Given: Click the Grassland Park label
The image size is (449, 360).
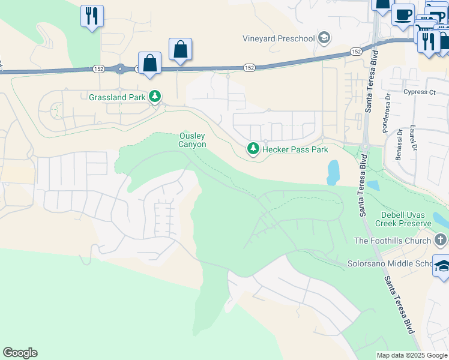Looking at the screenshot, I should click(x=118, y=97).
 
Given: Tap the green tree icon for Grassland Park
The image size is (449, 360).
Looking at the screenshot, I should click(x=155, y=97).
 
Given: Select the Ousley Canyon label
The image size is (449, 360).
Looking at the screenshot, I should click(x=193, y=140).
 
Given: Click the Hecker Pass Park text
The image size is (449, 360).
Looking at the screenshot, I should click(x=295, y=149).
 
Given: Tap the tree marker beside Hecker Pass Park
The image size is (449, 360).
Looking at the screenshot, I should click(x=253, y=148).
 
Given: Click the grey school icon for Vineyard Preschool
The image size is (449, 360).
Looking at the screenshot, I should click(x=325, y=38).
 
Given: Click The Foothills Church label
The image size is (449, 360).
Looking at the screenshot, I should click(x=393, y=241).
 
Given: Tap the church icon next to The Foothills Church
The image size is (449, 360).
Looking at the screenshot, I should click(x=441, y=241).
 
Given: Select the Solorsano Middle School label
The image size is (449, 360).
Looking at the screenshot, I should click(x=390, y=263).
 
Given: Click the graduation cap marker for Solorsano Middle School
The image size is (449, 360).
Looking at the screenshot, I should click(x=442, y=266).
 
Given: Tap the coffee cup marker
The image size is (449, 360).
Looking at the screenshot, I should click(x=403, y=13).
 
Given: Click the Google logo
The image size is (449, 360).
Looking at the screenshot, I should click(x=20, y=353).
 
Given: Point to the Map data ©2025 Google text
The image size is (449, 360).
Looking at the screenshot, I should click(x=412, y=355).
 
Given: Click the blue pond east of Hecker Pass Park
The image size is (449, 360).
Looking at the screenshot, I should click(x=333, y=172).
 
